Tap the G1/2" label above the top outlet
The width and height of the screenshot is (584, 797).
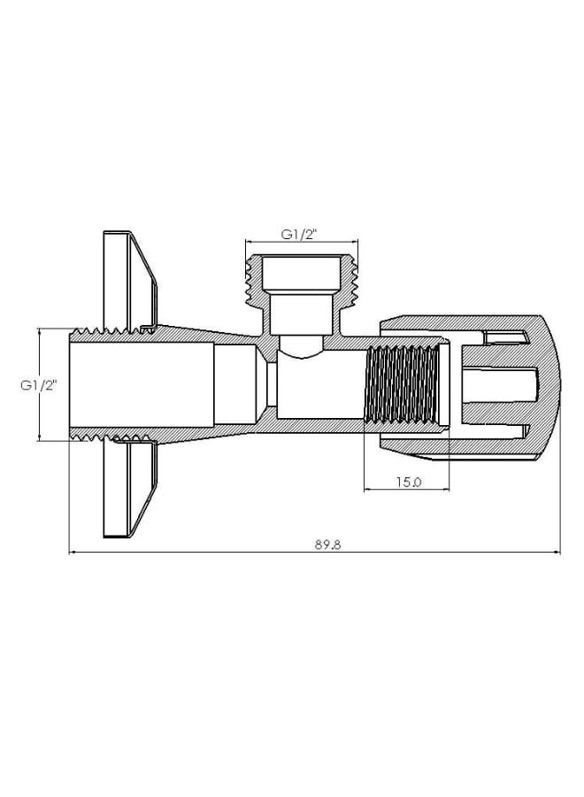(300, 234)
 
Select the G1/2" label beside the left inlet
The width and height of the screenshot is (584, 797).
(39, 385)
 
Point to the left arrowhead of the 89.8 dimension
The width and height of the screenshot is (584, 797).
(73, 554)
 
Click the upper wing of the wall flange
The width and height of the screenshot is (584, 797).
(124, 275)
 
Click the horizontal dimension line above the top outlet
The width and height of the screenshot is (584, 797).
(301, 242)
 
